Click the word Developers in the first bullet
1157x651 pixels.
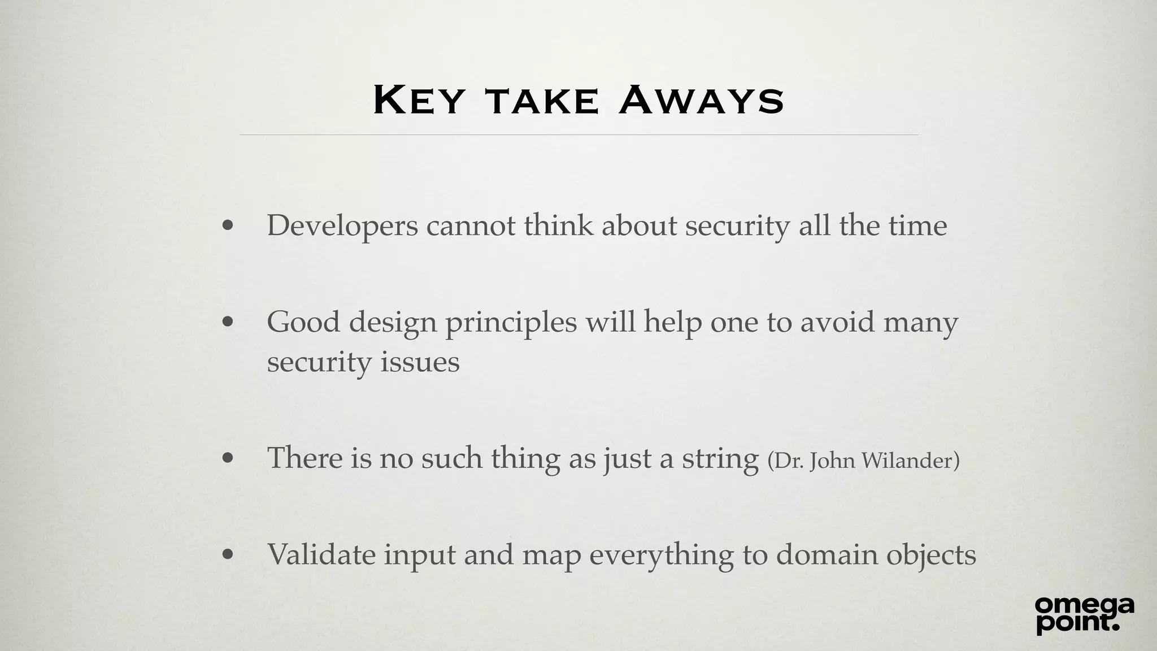pos(342,226)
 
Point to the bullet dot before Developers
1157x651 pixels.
pos(228,227)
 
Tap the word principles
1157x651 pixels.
pos(511,323)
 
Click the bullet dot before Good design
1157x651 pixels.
pos(228,323)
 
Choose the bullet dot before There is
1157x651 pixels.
pos(228,458)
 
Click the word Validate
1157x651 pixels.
pos(321,554)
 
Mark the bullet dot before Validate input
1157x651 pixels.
pos(228,555)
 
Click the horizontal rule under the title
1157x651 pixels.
pos(578,135)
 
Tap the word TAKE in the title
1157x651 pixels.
pos(541,102)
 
